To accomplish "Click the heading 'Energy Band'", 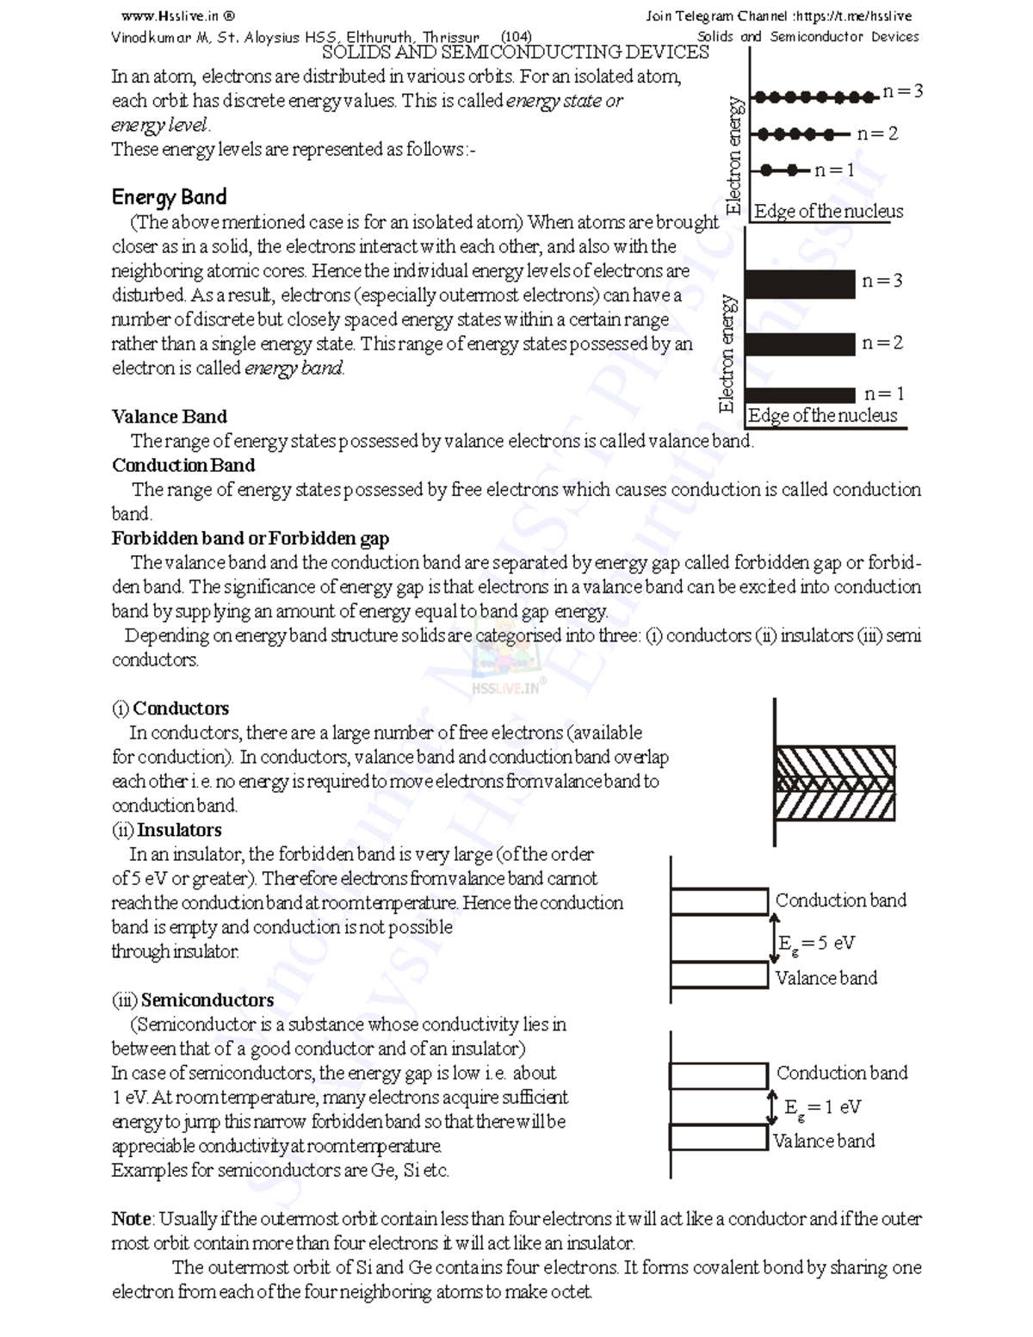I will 169,197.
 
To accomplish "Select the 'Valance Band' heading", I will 169,417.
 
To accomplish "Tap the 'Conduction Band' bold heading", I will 183,466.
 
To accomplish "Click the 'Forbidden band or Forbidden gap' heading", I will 250,539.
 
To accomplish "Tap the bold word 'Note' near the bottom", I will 131,1219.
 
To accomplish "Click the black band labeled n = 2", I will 800,344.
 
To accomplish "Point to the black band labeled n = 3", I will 800,283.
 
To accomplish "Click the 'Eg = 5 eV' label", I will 816,944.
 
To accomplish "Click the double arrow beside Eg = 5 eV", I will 772,938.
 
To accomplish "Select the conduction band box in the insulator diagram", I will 719,901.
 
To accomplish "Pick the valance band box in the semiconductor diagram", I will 718,1137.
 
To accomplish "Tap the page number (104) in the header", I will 516,37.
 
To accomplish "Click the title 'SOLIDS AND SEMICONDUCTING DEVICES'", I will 515,53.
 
